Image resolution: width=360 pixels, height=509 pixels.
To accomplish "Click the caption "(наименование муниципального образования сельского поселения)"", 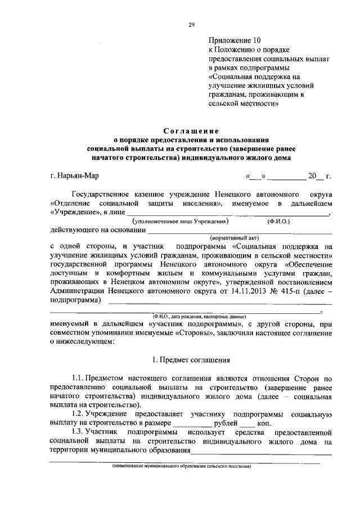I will point(181,466).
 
